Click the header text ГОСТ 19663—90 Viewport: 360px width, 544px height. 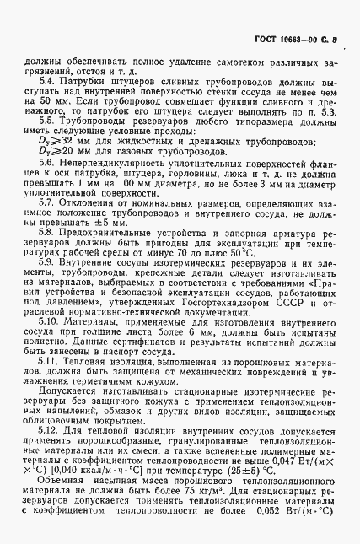click(x=290, y=40)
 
